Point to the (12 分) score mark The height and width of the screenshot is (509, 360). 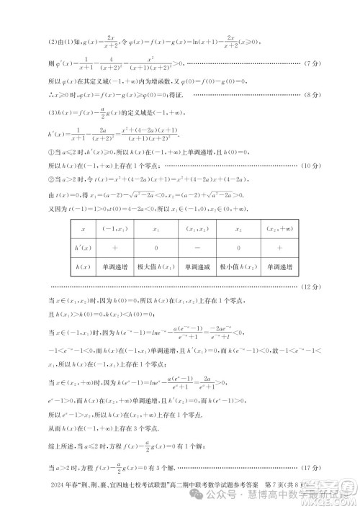pos(320,287)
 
